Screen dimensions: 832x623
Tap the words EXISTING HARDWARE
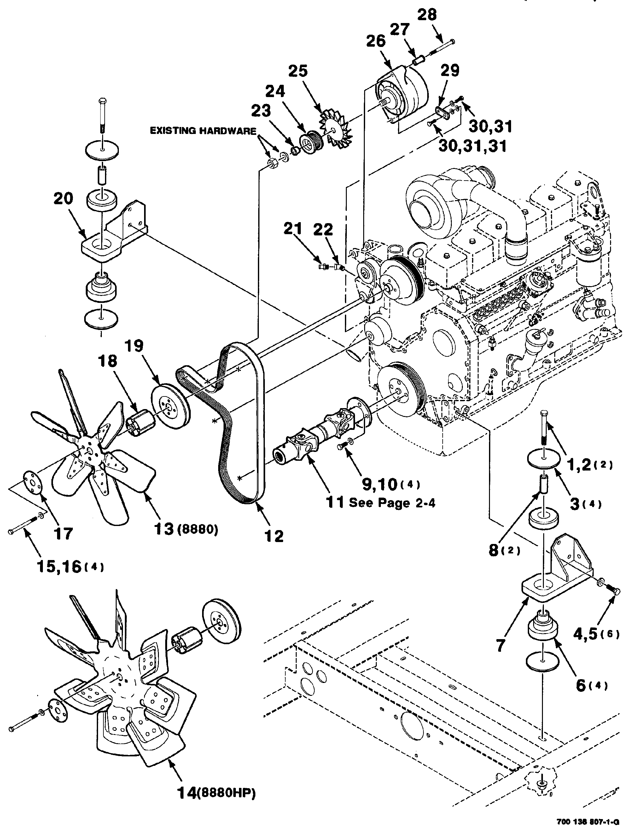click(203, 130)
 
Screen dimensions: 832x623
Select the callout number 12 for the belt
click(273, 536)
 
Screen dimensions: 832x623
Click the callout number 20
click(63, 199)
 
